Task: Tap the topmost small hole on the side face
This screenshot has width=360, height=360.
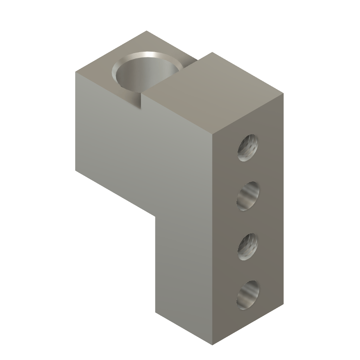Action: pyautogui.click(x=248, y=147)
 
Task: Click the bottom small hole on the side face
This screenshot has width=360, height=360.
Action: pyautogui.click(x=249, y=295)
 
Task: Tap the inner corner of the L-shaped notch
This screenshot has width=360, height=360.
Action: pyautogui.click(x=155, y=217)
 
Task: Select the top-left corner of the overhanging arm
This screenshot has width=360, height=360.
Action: pyautogui.click(x=75, y=72)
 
